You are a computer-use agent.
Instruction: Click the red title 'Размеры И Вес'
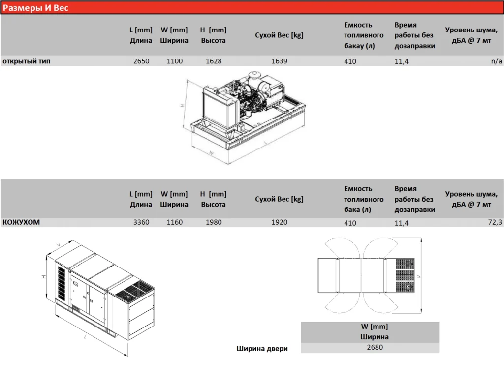pos(36,8)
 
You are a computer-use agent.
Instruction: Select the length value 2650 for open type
pos(141,61)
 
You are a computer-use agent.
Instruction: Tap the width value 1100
pos(174,61)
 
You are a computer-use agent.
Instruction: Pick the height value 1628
pos(214,61)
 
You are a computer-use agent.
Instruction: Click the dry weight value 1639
pos(279,61)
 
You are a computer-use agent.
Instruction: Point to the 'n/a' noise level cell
pos(496,61)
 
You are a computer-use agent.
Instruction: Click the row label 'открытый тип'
pos(27,61)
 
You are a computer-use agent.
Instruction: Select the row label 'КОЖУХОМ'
pos(21,222)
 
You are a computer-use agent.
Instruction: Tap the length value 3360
pos(141,222)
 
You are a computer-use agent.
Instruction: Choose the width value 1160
pos(174,222)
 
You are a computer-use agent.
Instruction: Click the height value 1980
pos(214,222)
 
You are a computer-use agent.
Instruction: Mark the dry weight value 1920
pos(279,222)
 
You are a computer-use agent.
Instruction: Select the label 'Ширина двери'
pos(262,349)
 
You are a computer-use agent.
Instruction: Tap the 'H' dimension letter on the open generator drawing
pos(182,105)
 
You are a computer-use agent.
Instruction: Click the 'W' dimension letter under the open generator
pos(211,153)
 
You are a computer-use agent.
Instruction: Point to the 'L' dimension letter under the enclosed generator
pos(85,337)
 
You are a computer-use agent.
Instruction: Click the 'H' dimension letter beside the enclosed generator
pos(44,277)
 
